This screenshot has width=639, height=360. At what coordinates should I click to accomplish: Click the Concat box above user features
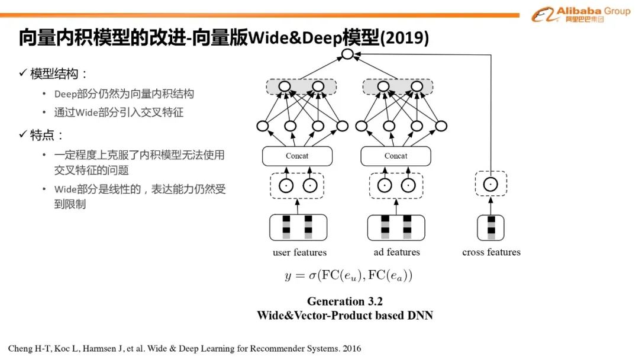[297, 156]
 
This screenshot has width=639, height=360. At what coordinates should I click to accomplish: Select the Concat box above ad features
[396, 156]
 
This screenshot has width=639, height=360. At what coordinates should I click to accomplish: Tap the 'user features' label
[299, 253]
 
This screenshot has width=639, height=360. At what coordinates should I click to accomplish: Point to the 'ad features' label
[396, 252]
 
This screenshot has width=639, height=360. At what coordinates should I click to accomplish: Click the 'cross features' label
[491, 252]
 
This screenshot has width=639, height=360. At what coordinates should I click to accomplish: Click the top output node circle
[347, 55]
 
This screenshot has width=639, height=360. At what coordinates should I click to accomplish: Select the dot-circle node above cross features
[490, 185]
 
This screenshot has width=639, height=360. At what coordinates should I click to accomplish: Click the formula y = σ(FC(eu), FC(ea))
[348, 275]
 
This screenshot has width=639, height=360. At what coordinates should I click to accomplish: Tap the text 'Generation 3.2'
[344, 301]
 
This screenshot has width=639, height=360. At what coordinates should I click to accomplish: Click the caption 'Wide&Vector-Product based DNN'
[344, 316]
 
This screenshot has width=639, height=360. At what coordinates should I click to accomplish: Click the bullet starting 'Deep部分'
[124, 94]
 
